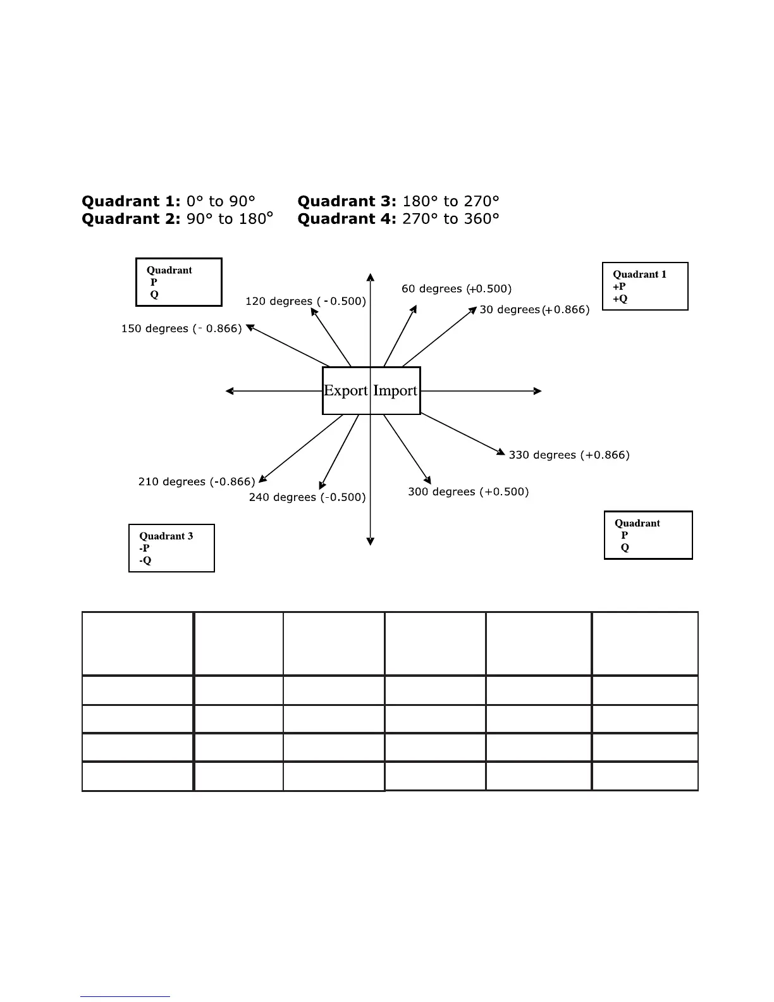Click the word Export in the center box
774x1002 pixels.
tap(345, 390)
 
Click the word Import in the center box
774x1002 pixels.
tap(395, 390)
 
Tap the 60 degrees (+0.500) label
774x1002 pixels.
tap(457, 289)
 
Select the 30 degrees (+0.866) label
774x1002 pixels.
tap(534, 310)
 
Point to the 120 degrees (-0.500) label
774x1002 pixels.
tap(305, 301)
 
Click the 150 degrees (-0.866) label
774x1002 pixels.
tap(181, 329)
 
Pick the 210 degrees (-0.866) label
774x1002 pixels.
tap(197, 482)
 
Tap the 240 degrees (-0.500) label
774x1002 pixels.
tap(307, 497)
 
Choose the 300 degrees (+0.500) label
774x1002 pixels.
tap(468, 492)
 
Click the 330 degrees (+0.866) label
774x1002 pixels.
tap(569, 455)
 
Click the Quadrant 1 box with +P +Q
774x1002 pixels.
tap(645, 287)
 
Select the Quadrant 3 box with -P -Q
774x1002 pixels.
tap(171, 548)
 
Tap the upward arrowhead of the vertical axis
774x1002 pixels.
tap(371, 276)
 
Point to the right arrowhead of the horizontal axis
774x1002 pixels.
tap(538, 391)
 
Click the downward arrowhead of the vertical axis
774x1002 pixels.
tap(371, 541)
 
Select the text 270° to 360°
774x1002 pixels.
tap(451, 219)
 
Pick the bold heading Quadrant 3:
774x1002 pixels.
tap(347, 201)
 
